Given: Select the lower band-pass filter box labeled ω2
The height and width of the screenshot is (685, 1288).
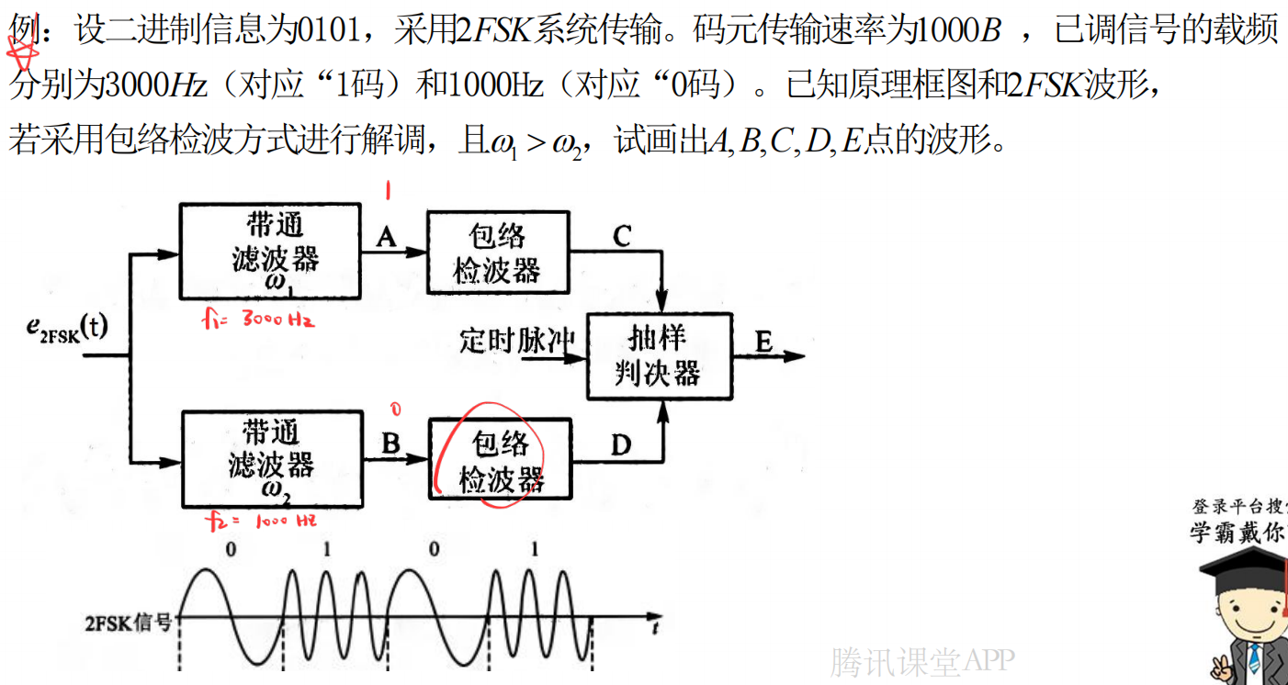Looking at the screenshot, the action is (x=271, y=458).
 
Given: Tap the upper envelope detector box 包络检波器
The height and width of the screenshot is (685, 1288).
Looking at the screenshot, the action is (x=497, y=253).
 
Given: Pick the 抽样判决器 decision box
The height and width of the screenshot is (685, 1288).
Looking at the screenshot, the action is (x=659, y=355).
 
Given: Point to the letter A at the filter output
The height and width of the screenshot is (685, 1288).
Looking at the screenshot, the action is (x=387, y=237).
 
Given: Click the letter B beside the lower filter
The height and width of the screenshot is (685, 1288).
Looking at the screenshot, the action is (x=390, y=444).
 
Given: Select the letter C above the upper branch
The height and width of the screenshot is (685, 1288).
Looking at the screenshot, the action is (x=622, y=237).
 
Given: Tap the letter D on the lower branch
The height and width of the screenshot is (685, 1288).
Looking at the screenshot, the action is (x=621, y=445).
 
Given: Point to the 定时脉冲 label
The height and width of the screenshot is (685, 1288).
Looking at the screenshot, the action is (x=516, y=342).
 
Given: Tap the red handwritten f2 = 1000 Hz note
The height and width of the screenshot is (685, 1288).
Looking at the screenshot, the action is (x=262, y=522).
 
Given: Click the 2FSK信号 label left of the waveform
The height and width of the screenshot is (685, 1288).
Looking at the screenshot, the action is (x=129, y=623).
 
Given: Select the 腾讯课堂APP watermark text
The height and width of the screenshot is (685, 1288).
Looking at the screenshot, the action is (x=922, y=660).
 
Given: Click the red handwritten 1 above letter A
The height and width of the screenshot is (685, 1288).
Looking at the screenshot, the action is (x=389, y=191).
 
